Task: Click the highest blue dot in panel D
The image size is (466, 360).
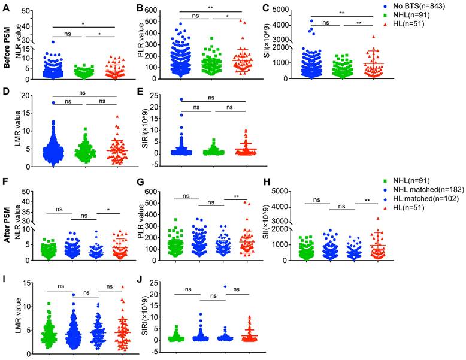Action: [x=53, y=103]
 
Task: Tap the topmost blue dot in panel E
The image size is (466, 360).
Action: [x=181, y=99]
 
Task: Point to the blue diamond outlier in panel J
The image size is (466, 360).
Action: [x=225, y=287]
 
